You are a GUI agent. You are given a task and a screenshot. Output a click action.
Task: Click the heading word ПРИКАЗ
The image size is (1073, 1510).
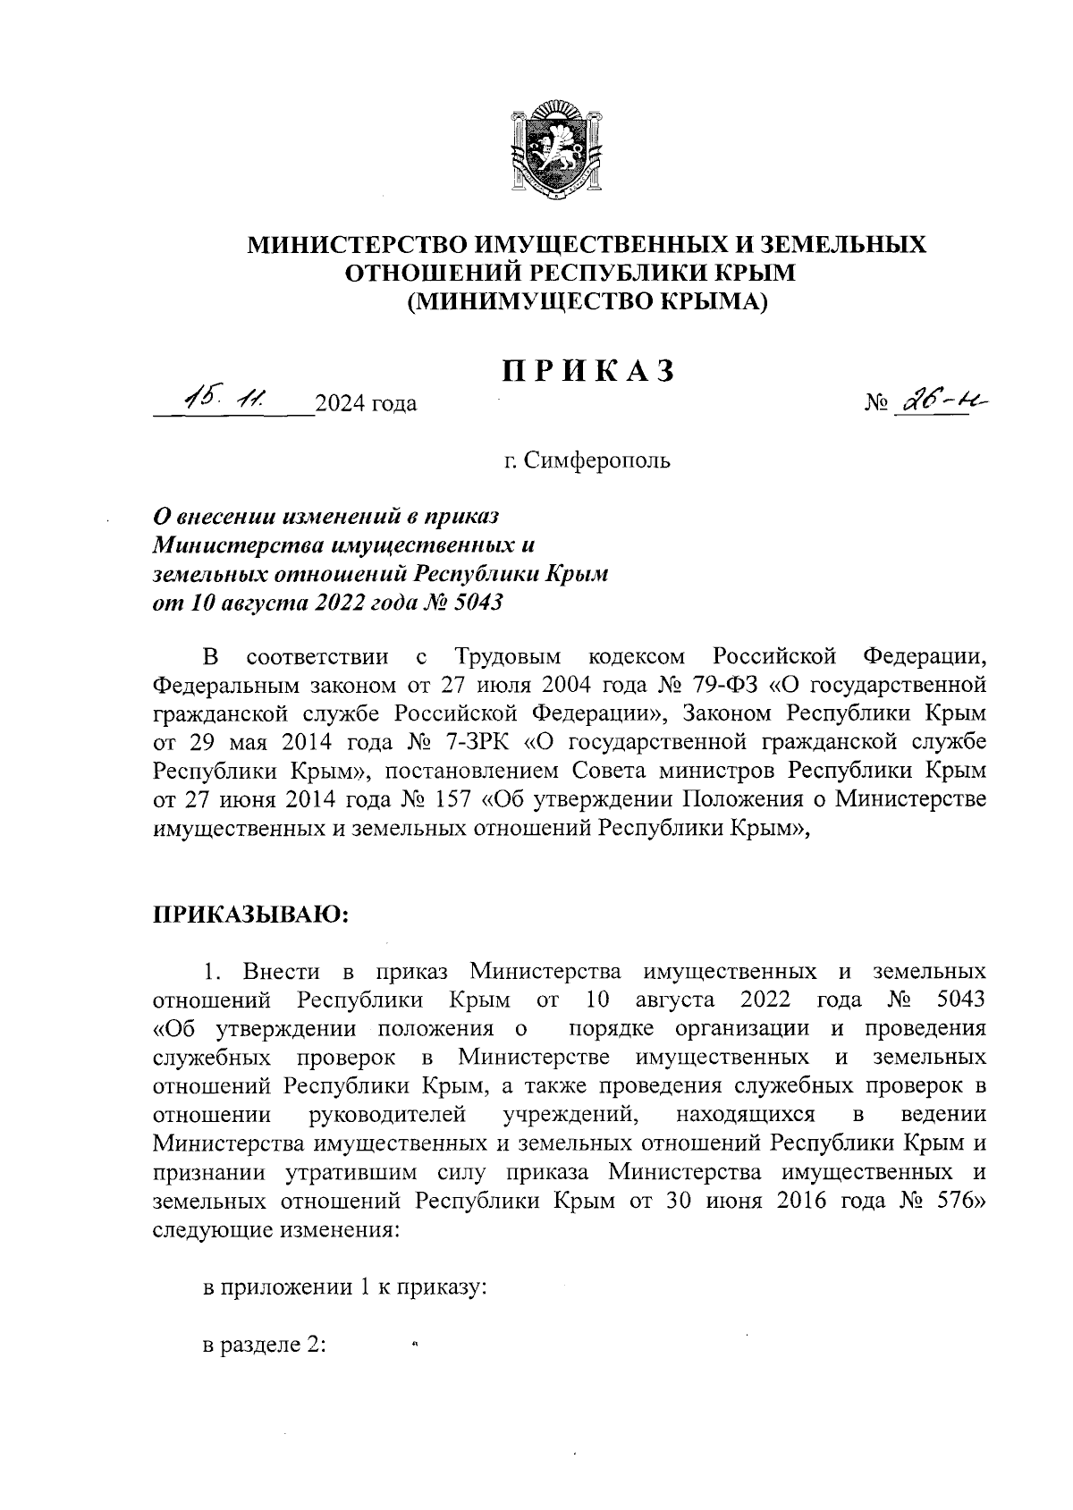587,369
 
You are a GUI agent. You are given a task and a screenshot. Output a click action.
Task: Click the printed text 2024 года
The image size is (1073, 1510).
366,405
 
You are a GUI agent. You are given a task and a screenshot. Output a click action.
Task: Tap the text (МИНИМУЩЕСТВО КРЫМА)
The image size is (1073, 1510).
587,303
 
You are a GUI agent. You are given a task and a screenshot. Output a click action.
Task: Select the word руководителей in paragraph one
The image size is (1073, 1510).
387,1115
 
